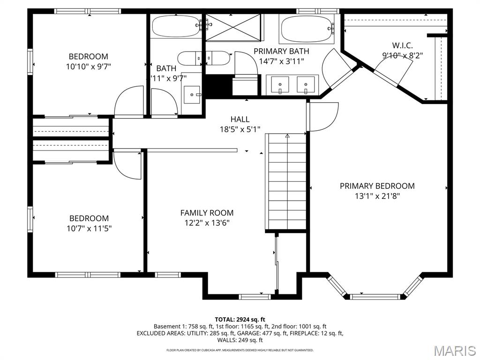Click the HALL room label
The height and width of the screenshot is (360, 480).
[x=240, y=119]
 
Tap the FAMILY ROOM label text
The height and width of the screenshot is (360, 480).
[x=207, y=213]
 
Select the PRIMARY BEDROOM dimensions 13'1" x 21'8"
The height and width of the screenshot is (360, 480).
[x=377, y=196]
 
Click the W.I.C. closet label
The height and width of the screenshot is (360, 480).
[x=402, y=45]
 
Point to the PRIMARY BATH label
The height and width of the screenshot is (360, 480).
[x=281, y=51]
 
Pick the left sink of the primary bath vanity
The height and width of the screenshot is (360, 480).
[x=280, y=85]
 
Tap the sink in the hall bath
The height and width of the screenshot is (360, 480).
[x=192, y=95]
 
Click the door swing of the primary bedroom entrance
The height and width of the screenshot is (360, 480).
[x=322, y=117]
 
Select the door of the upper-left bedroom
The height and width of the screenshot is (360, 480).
[x=129, y=101]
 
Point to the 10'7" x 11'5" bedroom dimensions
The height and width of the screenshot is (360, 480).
[x=89, y=228]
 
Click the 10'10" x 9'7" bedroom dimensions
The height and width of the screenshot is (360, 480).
[x=88, y=67]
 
